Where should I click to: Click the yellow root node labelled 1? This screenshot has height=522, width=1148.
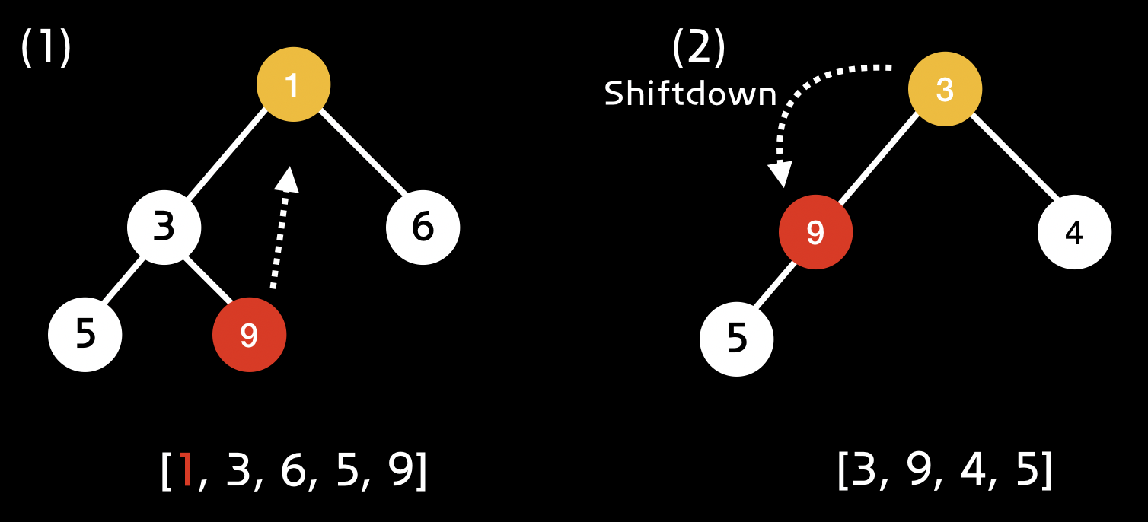(293, 85)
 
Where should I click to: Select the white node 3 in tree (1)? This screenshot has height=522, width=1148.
(164, 228)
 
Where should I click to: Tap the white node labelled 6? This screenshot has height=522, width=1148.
(423, 228)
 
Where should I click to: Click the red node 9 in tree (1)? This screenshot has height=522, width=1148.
(249, 335)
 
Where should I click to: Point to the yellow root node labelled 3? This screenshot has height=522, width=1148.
(945, 90)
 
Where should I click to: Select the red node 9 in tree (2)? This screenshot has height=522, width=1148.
(815, 232)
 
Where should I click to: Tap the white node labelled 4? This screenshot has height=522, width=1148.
(1074, 232)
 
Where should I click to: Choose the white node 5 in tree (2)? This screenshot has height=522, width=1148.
(736, 339)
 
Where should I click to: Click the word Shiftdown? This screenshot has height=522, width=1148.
(690, 94)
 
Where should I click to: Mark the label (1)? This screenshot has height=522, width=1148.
(46, 49)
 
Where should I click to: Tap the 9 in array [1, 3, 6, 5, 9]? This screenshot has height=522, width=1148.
(400, 472)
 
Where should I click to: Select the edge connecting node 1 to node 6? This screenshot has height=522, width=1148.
(362, 152)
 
